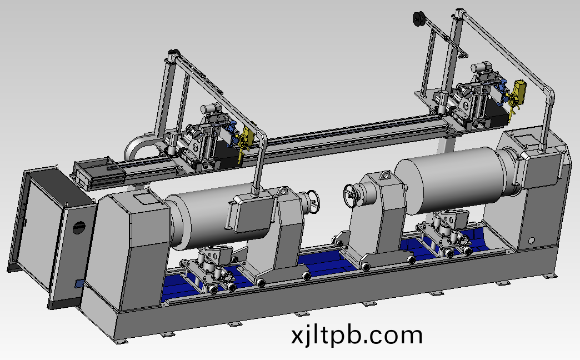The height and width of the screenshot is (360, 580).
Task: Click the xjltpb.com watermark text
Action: tap(357, 335)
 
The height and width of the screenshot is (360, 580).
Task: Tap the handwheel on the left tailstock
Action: tap(314, 202)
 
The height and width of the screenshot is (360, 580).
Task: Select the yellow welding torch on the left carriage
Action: tap(244, 141)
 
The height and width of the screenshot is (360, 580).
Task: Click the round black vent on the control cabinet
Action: tap(79, 228)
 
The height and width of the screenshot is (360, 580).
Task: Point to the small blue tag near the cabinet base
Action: tap(79, 284)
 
